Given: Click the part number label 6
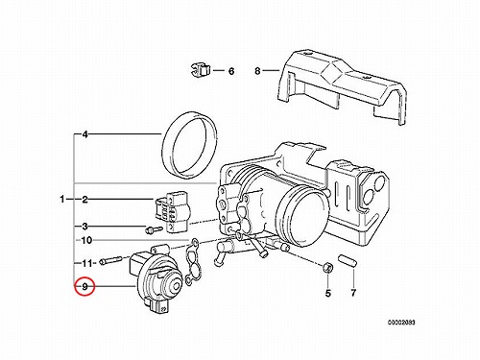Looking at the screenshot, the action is pyautogui.click(x=231, y=71).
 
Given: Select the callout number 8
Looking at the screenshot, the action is pyautogui.click(x=257, y=71).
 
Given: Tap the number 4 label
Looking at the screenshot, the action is pyautogui.click(x=84, y=134).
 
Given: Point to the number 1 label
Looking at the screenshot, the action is pyautogui.click(x=62, y=200).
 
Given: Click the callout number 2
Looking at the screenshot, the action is pyautogui.click(x=84, y=200).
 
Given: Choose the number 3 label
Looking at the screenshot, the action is pyautogui.click(x=84, y=227).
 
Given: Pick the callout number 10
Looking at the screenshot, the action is pyautogui.click(x=86, y=240).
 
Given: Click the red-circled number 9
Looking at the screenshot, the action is pyautogui.click(x=84, y=286).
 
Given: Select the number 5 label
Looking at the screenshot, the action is pyautogui.click(x=328, y=293).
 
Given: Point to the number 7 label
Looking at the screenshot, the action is pyautogui.click(x=353, y=293).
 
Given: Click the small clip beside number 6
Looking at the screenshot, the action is pyautogui.click(x=200, y=70).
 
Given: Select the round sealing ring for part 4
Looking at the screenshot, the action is pyautogui.click(x=189, y=145).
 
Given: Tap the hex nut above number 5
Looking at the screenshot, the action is pyautogui.click(x=327, y=266).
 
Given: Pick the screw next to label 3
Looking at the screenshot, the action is pyautogui.click(x=154, y=229).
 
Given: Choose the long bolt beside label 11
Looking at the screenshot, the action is pyautogui.click(x=110, y=260).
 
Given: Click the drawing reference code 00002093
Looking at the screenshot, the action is pyautogui.click(x=401, y=323).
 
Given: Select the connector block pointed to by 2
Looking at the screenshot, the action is pyautogui.click(x=173, y=211).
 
